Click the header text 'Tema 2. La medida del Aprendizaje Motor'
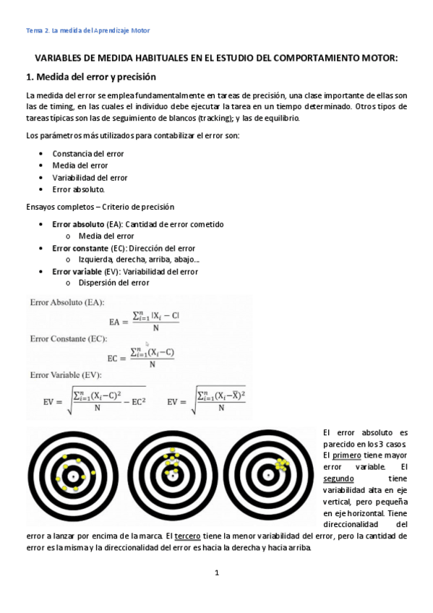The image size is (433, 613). click(x=87, y=30)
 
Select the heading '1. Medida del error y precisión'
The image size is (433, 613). click(x=91, y=77)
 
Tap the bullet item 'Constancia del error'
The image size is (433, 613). click(x=87, y=153)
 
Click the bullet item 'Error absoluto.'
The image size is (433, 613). click(x=79, y=189)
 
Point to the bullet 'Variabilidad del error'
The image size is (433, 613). click(x=90, y=177)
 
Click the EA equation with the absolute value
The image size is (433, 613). click(x=145, y=320)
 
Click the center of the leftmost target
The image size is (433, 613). click(x=72, y=476)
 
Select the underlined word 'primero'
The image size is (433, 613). click(x=346, y=455)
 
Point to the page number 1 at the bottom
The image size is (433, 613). click(x=216, y=573)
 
